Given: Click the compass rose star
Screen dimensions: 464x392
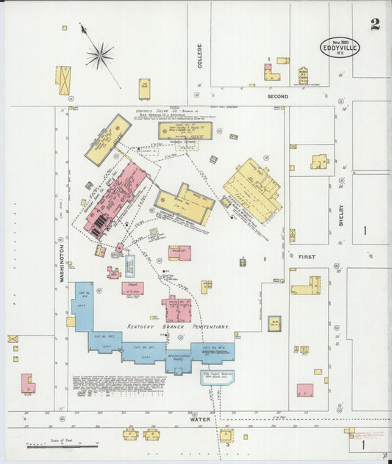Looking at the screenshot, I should pyautogui.click(x=100, y=54).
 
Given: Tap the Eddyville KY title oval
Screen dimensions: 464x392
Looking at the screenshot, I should pyautogui.click(x=340, y=48).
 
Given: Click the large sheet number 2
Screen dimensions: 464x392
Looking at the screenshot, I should pyautogui.click(x=375, y=24).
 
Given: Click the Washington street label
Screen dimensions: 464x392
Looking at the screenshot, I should pyautogui.click(x=63, y=263).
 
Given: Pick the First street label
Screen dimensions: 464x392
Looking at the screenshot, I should pyautogui.click(x=306, y=257).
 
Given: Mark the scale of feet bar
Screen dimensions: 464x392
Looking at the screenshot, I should pyautogui.click(x=62, y=445).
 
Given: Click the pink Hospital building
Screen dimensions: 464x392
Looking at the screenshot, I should pyautogui.click(x=179, y=253).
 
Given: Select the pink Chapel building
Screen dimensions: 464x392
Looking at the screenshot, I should pyautogui.click(x=132, y=289).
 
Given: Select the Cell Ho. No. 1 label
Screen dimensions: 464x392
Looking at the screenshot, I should pyautogui.click(x=150, y=347).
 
